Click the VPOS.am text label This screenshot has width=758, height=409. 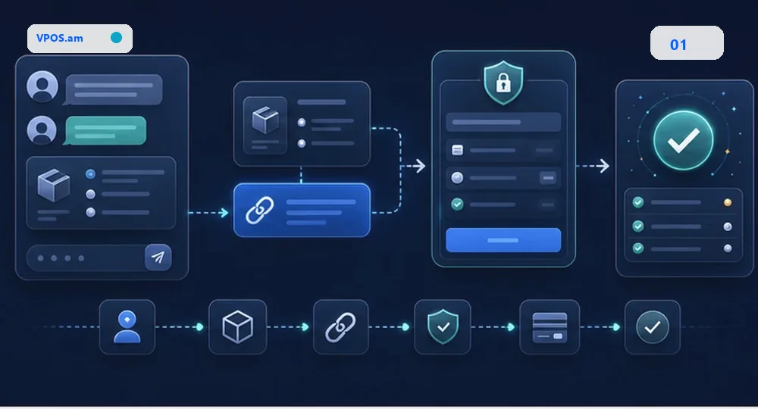(x=59, y=38)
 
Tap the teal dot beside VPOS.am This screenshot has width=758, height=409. (x=116, y=38)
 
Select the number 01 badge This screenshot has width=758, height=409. (x=687, y=43)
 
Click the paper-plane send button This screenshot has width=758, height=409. (x=158, y=258)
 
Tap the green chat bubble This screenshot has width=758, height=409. (x=105, y=130)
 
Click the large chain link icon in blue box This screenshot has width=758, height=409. (x=259, y=210)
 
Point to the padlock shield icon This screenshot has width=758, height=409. (x=503, y=83)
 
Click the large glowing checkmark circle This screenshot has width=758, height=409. (x=683, y=140)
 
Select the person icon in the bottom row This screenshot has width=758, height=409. (x=127, y=327)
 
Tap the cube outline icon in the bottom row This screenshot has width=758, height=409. (x=237, y=327)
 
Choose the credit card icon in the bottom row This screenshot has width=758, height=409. (x=550, y=327)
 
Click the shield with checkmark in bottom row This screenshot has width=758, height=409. (x=443, y=327)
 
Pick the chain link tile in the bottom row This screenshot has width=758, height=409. (x=341, y=327)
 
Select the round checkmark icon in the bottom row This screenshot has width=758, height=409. (x=652, y=327)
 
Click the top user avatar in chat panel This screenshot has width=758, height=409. (x=42, y=86)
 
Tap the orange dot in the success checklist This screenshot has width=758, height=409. (x=728, y=203)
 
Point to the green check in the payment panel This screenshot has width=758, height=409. (x=457, y=204)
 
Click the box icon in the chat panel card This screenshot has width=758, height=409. (x=54, y=185)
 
